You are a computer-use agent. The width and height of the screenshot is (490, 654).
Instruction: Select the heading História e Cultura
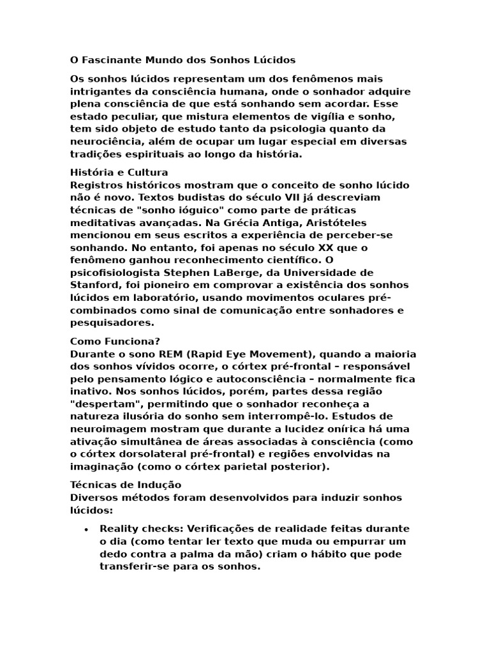[x=119, y=172]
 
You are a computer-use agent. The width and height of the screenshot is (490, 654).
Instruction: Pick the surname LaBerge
[x=231, y=273]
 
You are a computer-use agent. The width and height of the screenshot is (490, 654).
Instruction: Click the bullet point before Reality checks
[x=85, y=529]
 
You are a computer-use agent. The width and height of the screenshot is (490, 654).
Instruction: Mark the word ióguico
[x=191, y=210]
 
